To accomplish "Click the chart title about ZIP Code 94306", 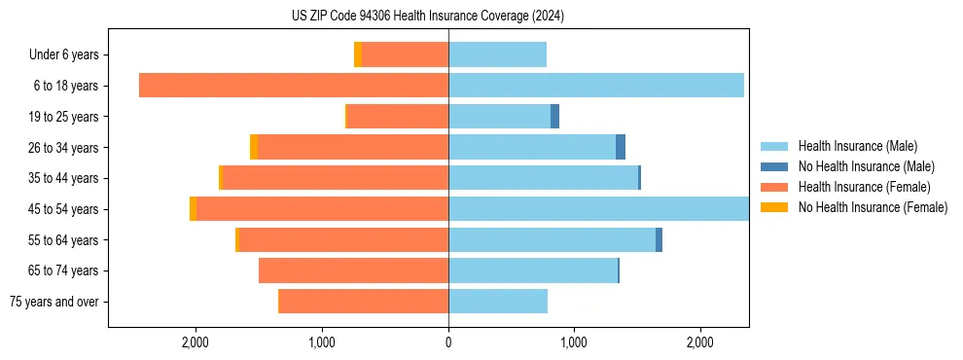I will click(428, 16).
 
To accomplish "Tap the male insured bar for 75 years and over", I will click(498, 302).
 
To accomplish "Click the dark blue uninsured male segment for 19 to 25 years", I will click(554, 117).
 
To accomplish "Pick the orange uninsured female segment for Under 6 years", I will click(358, 54).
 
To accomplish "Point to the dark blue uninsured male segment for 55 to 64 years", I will click(659, 240).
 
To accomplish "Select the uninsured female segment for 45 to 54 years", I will click(193, 209).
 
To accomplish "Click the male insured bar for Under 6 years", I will click(497, 54).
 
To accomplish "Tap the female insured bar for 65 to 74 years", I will click(353, 270).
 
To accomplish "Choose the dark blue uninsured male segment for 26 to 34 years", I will click(621, 147).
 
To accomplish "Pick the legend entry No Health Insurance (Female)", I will click(873, 207).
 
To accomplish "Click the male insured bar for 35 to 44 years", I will click(543, 178).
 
